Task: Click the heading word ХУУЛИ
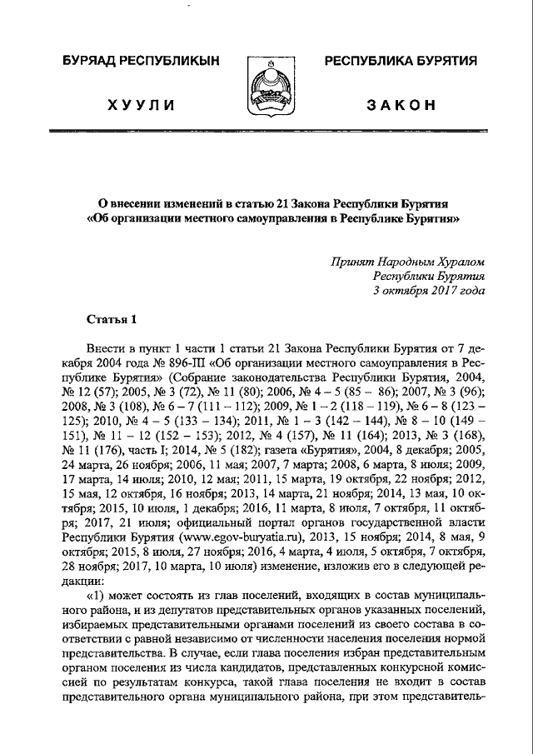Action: (x=140, y=104)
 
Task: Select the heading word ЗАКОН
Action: (x=400, y=104)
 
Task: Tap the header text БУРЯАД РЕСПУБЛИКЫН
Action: (x=139, y=62)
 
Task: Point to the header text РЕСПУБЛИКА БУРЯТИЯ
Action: (x=400, y=62)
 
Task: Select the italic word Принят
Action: (x=352, y=261)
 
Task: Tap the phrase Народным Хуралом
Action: (x=434, y=261)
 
